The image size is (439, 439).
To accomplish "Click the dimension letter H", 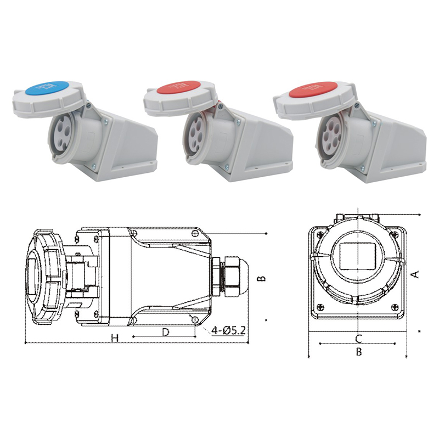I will tap(115, 338).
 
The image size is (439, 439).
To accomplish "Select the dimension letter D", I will tap(165, 332).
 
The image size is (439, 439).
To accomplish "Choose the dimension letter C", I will tap(358, 338).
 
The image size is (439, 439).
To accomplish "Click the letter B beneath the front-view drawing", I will tap(358, 352).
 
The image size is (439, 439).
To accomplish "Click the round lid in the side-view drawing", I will tap(41, 277).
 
